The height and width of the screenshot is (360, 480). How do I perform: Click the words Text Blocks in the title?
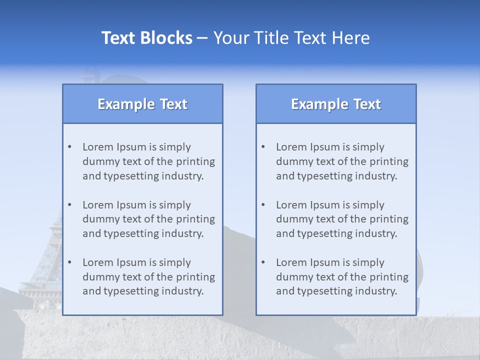click(146, 38)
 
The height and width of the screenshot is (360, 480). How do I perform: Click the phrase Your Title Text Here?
click(291, 38)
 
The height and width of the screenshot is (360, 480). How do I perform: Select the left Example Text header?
click(142, 104)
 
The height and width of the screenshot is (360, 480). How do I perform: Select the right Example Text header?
click(336, 104)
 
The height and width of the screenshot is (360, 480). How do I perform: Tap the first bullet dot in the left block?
click(69, 147)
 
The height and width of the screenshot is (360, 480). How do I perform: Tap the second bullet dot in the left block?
click(69, 205)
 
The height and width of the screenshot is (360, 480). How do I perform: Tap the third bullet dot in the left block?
click(69, 262)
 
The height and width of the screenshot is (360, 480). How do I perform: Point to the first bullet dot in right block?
click(263, 147)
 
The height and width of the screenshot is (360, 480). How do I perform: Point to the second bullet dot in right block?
click(263, 205)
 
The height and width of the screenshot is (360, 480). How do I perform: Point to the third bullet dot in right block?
click(263, 262)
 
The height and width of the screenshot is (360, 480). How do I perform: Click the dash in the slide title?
click(202, 38)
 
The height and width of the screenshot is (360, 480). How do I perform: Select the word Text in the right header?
click(367, 104)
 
